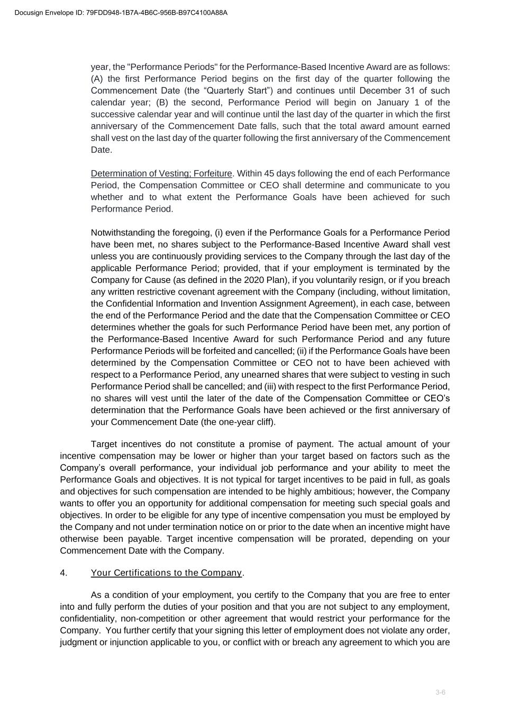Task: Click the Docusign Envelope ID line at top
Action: (x=121, y=13)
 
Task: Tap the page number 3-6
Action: (x=440, y=692)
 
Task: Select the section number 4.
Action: (x=63, y=573)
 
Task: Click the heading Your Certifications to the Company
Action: (x=167, y=573)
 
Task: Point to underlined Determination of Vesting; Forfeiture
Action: (x=161, y=173)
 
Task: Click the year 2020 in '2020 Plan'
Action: (x=255, y=280)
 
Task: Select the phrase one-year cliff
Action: (x=246, y=422)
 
